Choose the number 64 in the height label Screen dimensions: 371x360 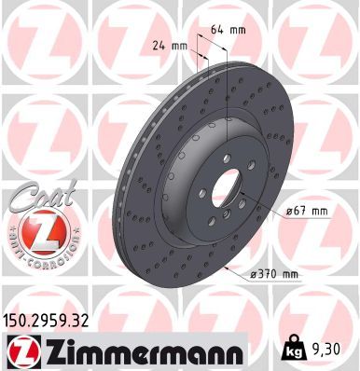point(220,29)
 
